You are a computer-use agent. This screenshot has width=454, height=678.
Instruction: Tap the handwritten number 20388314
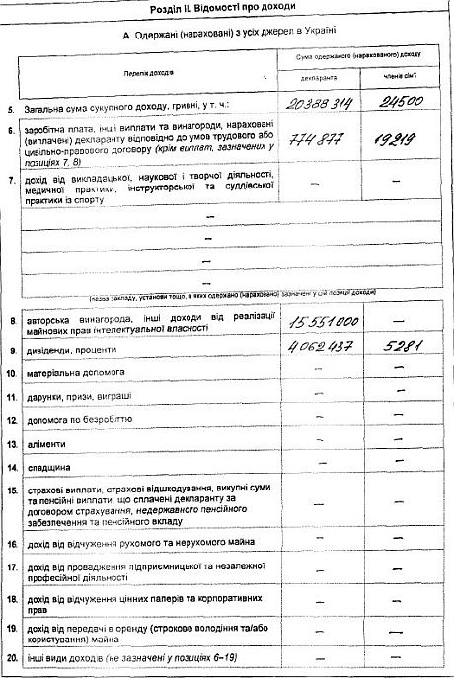[x=323, y=103]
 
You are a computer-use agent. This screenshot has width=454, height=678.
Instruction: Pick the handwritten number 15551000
[x=324, y=322]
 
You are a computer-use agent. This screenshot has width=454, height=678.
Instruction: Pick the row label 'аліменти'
[x=53, y=443]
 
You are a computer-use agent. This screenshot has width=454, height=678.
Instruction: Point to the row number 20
[x=12, y=657]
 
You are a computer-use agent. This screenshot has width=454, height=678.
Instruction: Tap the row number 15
[x=12, y=490]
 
